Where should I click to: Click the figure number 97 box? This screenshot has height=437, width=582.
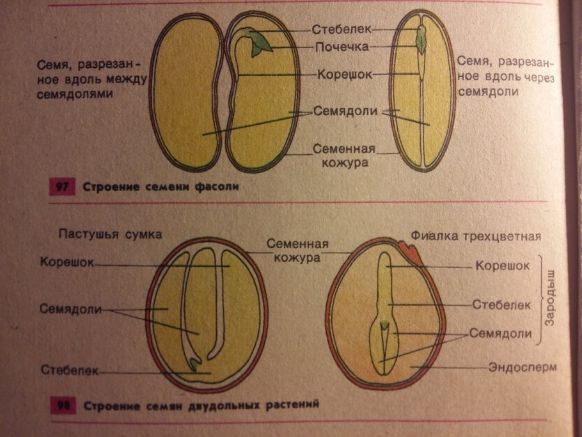62,186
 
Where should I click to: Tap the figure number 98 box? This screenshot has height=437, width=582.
63,405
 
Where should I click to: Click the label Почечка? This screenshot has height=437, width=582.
342,47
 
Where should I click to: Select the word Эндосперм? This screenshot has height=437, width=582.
523,367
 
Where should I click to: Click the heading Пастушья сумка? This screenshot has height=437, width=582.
110,235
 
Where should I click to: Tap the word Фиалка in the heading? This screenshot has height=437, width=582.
432,235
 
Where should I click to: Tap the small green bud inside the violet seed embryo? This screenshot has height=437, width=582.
384,325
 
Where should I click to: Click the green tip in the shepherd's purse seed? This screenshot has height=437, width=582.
194,364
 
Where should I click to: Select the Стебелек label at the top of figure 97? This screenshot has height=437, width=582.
342,29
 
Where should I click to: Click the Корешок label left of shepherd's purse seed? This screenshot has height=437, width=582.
67,262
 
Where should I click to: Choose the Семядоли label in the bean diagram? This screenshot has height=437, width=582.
345,111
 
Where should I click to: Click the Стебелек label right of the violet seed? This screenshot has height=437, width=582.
501,305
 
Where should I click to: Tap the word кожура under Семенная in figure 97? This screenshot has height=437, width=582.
345,163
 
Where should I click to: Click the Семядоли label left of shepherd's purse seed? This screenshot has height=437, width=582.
70,309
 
